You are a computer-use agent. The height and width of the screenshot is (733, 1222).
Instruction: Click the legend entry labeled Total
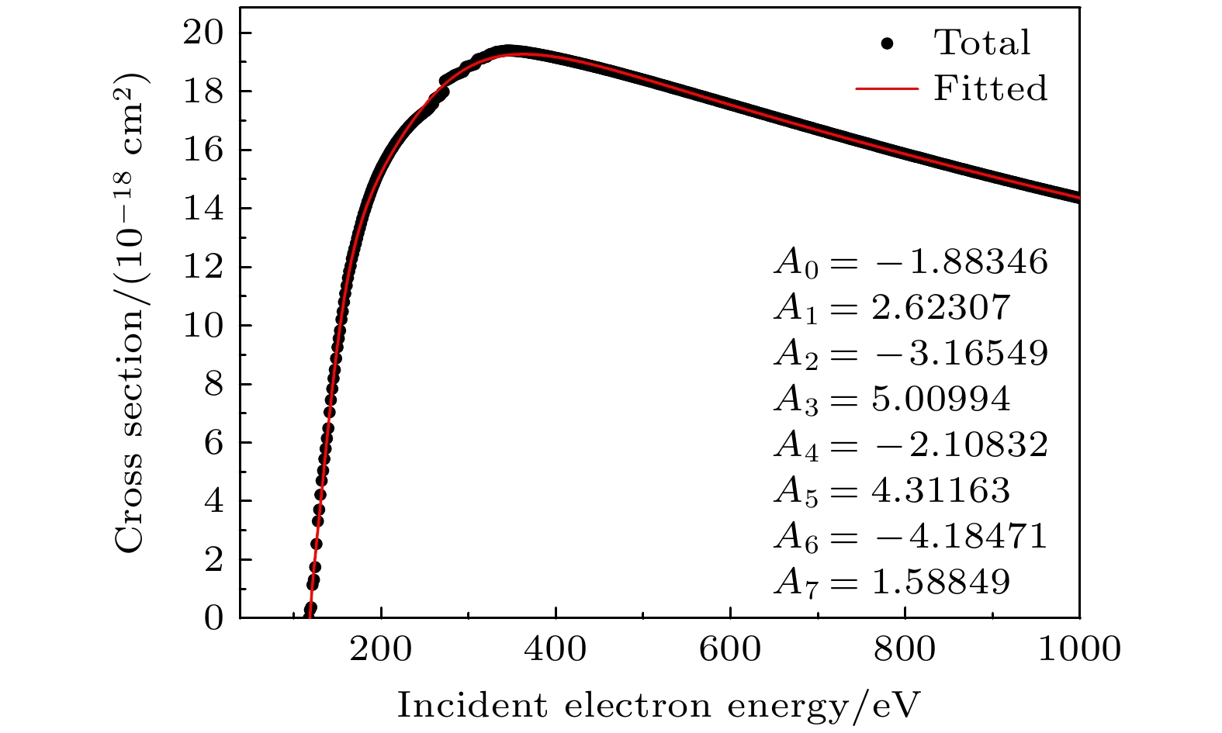click(x=982, y=43)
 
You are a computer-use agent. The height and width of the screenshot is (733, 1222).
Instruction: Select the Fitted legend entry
click(x=990, y=89)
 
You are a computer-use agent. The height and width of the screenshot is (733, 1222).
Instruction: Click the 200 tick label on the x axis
click(x=381, y=649)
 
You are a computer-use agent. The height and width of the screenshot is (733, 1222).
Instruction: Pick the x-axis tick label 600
click(x=730, y=649)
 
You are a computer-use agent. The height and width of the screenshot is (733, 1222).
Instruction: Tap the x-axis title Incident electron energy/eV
click(x=659, y=706)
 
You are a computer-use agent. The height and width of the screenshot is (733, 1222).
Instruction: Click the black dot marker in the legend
click(x=888, y=43)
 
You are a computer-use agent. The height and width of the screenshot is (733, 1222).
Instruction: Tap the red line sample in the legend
click(x=888, y=89)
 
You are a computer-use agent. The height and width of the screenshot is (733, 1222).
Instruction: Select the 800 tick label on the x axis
click(x=905, y=649)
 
